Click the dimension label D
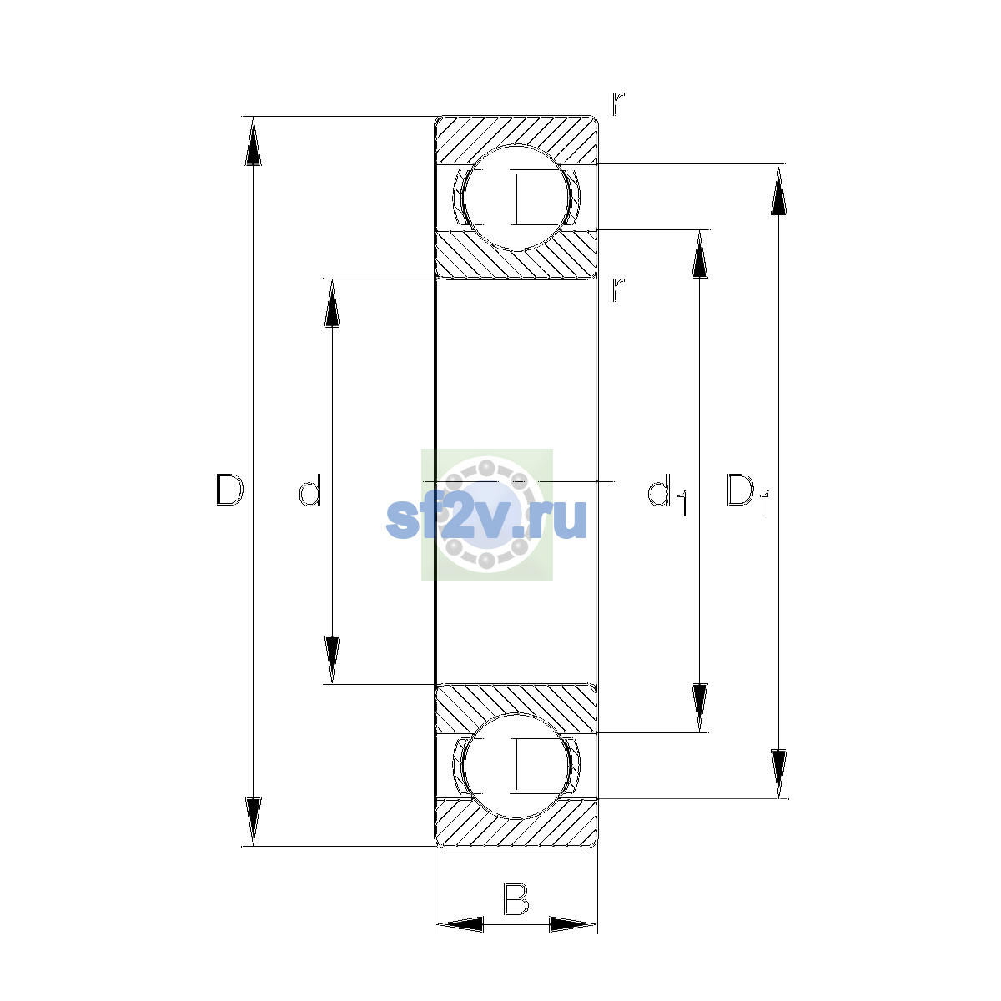point(229,490)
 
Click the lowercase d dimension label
point(310,490)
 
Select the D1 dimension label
point(747,495)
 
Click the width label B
point(516,899)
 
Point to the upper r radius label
point(618,103)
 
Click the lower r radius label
point(618,289)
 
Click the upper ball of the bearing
point(516,198)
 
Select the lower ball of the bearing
point(516,767)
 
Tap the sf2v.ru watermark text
point(486,518)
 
